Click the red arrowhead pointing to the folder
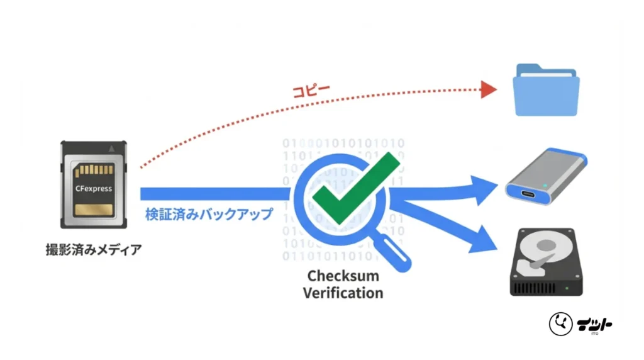point(488,89)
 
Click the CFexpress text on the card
point(93,187)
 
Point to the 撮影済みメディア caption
point(93,249)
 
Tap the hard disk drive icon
point(545,261)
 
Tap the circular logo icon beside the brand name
point(560,324)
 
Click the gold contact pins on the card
point(94,171)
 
